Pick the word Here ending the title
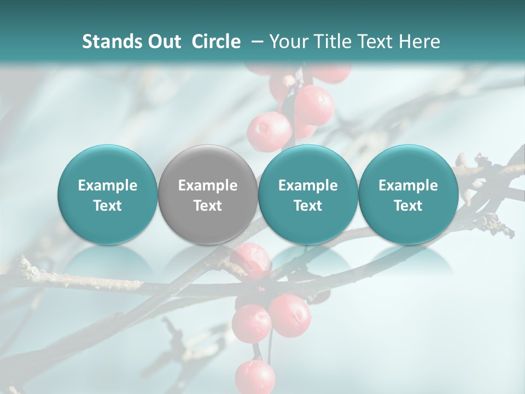tap(419, 42)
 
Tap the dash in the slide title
tap(255, 42)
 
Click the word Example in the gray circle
tap(208, 186)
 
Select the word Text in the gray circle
tap(208, 206)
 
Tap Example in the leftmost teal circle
tap(108, 186)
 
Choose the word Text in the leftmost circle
tap(108, 206)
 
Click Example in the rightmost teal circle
tap(408, 186)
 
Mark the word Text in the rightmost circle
tap(408, 206)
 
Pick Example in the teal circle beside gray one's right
tap(308, 186)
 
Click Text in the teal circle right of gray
tap(308, 206)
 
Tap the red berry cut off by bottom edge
tap(255, 378)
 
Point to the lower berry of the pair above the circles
tap(270, 132)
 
